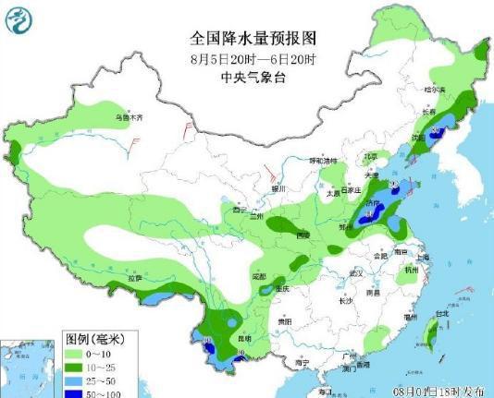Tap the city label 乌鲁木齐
click(x=130, y=117)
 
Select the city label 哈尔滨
click(x=435, y=90)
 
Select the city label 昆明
click(x=243, y=339)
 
